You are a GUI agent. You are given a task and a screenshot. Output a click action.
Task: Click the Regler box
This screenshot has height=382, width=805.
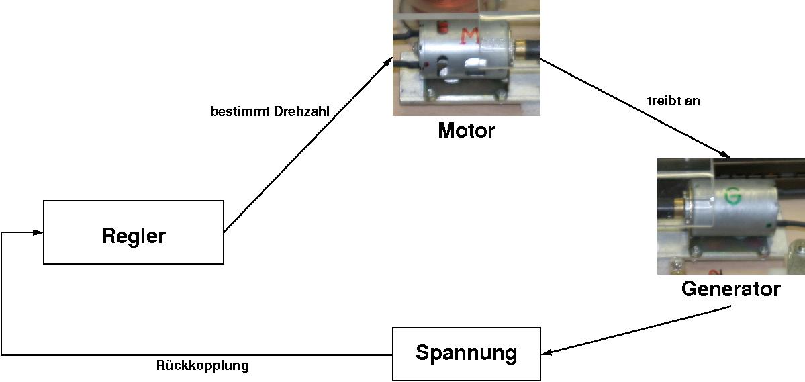click(x=133, y=232)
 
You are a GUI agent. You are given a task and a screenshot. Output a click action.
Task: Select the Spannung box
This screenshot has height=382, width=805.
click(x=466, y=353)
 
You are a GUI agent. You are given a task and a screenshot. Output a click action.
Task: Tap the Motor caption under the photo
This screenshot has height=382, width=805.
click(x=466, y=130)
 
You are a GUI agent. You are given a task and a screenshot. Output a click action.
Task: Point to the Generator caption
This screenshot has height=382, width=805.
click(x=730, y=289)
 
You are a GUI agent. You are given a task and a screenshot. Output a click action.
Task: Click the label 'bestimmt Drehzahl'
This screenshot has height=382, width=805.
click(x=270, y=112)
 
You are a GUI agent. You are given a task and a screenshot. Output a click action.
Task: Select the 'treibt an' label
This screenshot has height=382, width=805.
click(x=674, y=101)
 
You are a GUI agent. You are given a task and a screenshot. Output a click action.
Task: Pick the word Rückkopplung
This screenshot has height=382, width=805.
click(x=202, y=366)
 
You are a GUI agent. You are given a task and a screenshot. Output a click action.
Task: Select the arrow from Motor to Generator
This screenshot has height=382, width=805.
click(x=631, y=107)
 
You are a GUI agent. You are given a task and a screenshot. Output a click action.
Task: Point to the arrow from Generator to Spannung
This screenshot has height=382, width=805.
click(x=638, y=330)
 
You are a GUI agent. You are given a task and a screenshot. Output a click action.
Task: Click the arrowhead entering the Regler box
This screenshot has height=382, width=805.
click(x=38, y=232)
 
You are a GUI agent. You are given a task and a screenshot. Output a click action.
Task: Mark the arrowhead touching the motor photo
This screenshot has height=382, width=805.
click(x=388, y=62)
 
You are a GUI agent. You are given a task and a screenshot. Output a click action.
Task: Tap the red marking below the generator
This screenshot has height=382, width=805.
click(x=716, y=270)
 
